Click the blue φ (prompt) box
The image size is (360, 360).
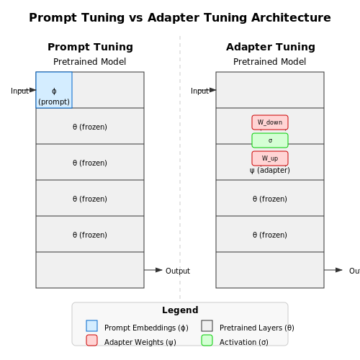tap(54, 90)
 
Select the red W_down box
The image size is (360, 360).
tap(270, 122)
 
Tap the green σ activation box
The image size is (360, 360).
tap(270, 140)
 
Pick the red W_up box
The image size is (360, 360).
tap(270, 158)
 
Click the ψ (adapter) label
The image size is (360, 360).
tap(270, 171)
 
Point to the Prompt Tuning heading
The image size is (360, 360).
tap(90, 47)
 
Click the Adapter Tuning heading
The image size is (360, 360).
tap(271, 47)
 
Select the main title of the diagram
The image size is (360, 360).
tap(180, 17)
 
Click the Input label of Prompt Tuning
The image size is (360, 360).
tap(20, 91)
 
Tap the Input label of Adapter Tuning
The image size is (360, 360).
tap(200, 91)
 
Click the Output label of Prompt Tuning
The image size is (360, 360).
tap(178, 271)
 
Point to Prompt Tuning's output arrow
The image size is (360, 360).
tap(153, 270)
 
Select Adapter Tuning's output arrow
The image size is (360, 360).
tap(333, 270)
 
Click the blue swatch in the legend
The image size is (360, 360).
tap(91, 326)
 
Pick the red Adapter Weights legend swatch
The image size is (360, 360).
tap(91, 341)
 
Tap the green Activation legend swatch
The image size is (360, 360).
tap(207, 341)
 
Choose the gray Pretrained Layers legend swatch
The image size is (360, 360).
tap(207, 326)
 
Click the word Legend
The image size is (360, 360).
tap(180, 310)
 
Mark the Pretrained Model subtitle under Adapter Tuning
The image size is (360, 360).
tap(269, 62)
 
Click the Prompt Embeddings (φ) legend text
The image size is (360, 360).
tap(146, 328)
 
